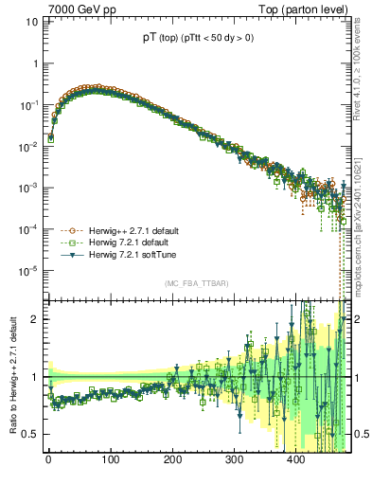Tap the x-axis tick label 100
pos(110,460)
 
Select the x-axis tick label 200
pos(172,460)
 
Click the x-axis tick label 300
pos(234,460)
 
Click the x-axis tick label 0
pos(48,460)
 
